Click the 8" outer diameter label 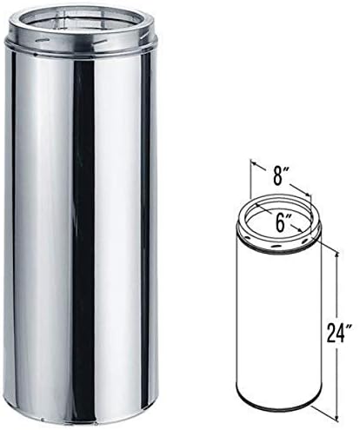tap(277, 175)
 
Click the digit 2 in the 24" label tap(330, 333)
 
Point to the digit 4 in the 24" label tap(340, 333)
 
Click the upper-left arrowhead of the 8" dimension tap(254, 164)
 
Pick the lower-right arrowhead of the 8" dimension tap(307, 194)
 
